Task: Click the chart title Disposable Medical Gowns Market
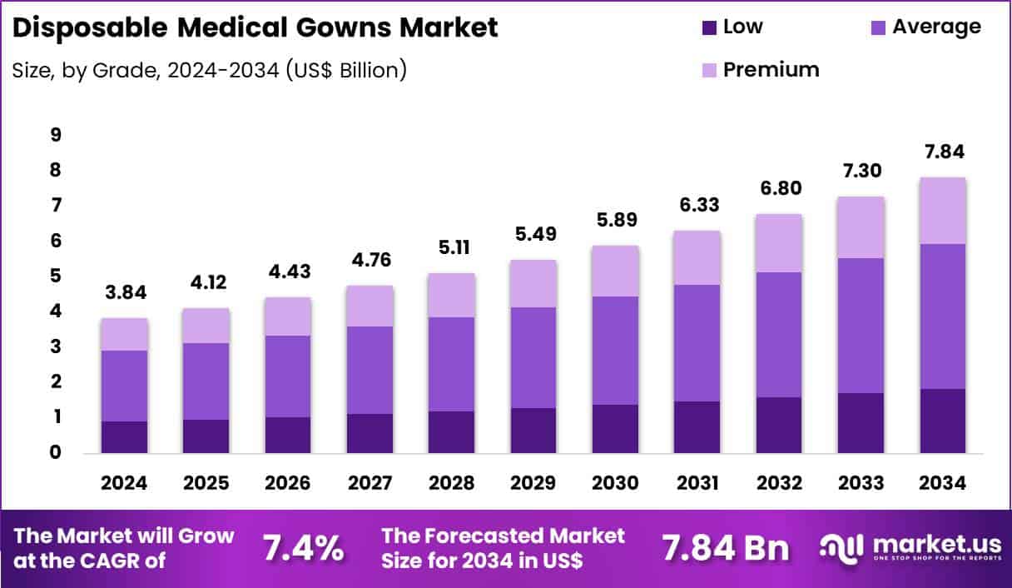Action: point(255,27)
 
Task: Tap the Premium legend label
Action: point(771,69)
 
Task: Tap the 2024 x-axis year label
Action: point(125,484)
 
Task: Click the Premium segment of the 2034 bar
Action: point(942,211)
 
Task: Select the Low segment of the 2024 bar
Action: point(125,437)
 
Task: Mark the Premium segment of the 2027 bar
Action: point(370,306)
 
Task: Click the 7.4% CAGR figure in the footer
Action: point(303,548)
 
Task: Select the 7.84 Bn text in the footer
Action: point(724,548)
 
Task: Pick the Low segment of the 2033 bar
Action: point(861,423)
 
